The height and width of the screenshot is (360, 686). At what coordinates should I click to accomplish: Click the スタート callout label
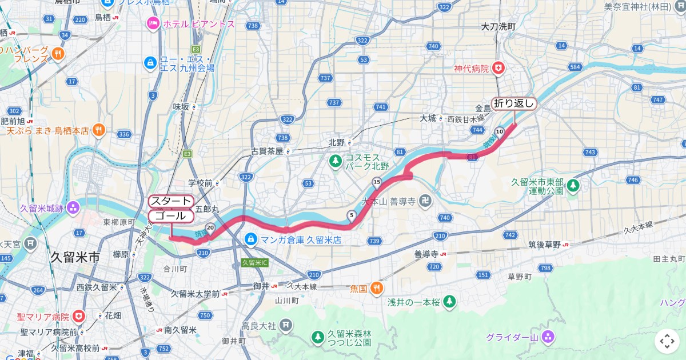tap(171, 201)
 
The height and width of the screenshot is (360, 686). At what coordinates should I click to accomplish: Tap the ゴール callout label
tap(171, 216)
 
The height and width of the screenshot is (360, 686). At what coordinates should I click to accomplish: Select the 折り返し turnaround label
tap(514, 103)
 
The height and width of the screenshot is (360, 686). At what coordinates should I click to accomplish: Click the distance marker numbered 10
tap(500, 131)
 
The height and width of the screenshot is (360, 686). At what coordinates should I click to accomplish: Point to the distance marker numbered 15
tap(376, 182)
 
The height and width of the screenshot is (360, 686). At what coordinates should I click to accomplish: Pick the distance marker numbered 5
tap(351, 215)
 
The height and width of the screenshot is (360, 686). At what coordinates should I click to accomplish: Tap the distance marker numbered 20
tap(210, 227)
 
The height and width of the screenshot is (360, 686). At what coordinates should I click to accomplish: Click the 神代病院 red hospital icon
tap(499, 69)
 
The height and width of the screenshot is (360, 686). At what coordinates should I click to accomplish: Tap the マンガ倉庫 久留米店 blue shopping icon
tap(250, 239)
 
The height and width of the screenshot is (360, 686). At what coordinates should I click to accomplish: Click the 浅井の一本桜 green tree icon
tap(450, 301)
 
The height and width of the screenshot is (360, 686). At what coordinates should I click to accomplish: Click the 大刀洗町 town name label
tap(498, 26)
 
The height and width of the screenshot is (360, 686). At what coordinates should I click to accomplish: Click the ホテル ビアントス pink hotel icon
tap(153, 23)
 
